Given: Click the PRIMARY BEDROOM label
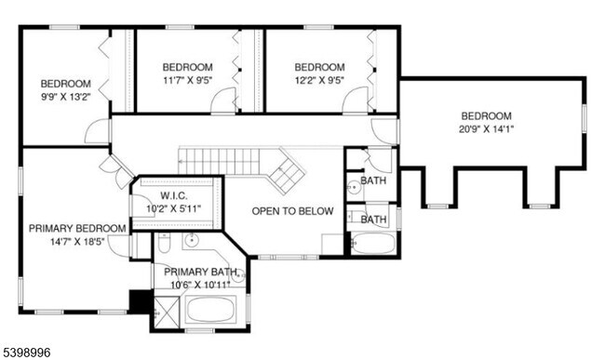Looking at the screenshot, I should pyautogui.click(x=77, y=228).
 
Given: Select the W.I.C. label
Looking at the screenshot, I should pyautogui.click(x=174, y=195).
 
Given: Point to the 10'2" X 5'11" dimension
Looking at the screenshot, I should pyautogui.click(x=174, y=208).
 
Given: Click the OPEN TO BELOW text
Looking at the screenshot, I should pyautogui.click(x=292, y=211).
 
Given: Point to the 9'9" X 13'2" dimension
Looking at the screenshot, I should pyautogui.click(x=65, y=96).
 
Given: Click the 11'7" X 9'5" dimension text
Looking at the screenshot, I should pyautogui.click(x=187, y=80).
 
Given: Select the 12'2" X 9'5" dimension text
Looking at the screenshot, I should pyautogui.click(x=319, y=80).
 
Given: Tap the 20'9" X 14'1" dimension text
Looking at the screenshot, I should pyautogui.click(x=486, y=129).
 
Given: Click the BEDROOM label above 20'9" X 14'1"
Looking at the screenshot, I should pyautogui.click(x=486, y=116).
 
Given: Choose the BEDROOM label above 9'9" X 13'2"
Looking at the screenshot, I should pyautogui.click(x=65, y=83).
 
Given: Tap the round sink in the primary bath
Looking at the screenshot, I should pyautogui.click(x=191, y=241).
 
